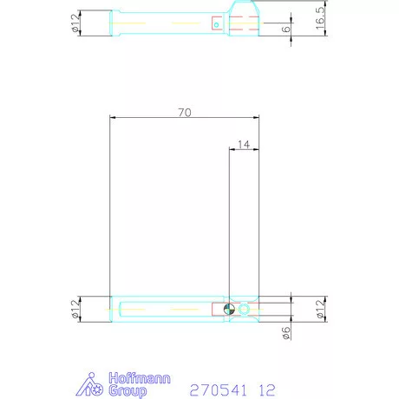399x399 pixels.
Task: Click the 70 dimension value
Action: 183,111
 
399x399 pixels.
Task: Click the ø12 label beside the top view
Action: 75,23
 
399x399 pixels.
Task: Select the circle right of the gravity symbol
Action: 245,310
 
